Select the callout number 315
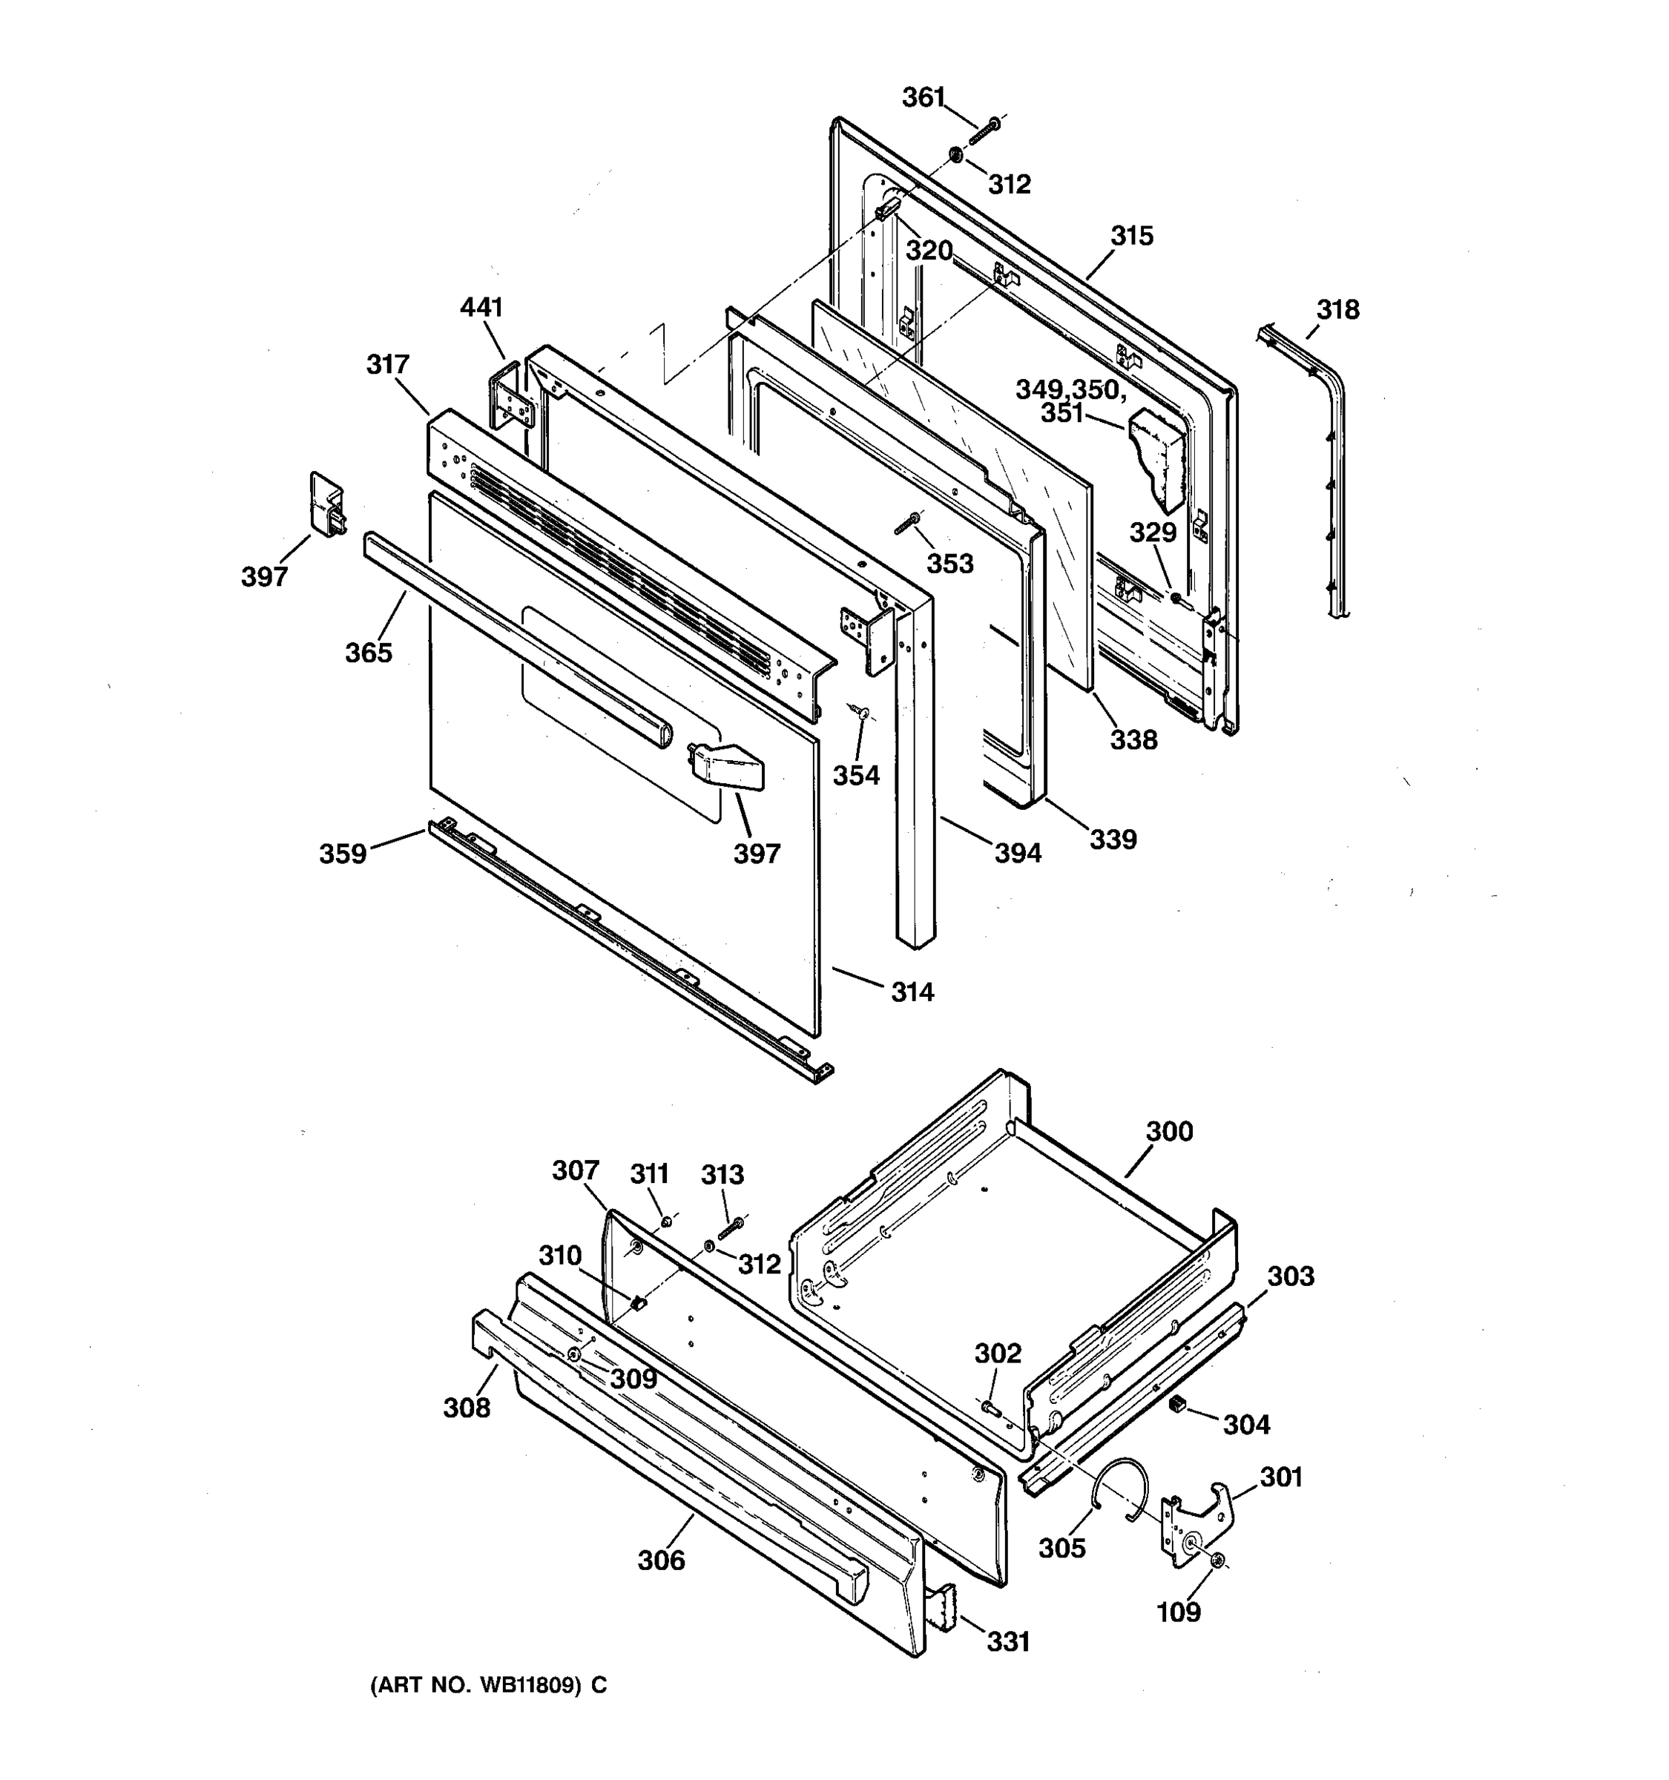click(x=1132, y=236)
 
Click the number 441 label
click(x=481, y=307)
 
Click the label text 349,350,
click(x=1070, y=389)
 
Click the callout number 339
click(x=1113, y=839)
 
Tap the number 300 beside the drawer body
click(x=1169, y=1131)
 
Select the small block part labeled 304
click(x=1177, y=1404)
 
